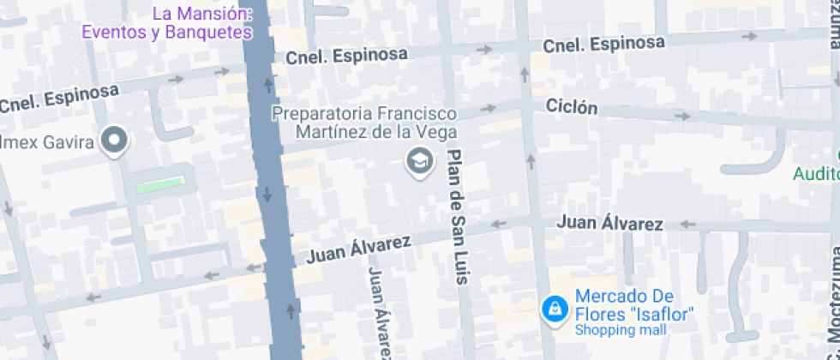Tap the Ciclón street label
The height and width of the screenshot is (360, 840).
click(x=571, y=107)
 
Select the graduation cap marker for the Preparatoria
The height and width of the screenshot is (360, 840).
click(x=419, y=161)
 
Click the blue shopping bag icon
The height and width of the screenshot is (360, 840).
click(x=555, y=308)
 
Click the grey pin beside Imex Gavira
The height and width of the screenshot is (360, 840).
click(x=113, y=141)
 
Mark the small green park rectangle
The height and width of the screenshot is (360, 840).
click(x=159, y=184)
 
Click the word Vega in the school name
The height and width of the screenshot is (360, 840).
click(x=439, y=132)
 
